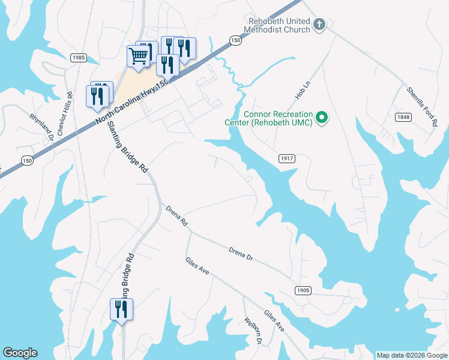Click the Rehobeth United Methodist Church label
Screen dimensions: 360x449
tap(279, 25)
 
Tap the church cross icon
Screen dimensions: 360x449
tap(319, 25)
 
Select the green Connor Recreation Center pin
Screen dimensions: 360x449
tap(322, 117)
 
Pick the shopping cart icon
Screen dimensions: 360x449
tap(138, 56)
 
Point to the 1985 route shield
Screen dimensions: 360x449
tap(78, 58)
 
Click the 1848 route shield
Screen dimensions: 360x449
tap(403, 117)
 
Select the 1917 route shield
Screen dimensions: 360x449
tap(287, 158)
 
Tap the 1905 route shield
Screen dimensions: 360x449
tap(303, 290)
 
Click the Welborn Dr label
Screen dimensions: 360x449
tap(253, 331)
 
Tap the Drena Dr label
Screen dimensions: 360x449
tap(241, 253)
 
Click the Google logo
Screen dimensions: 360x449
tap(20, 353)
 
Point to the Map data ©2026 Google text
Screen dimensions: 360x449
tap(412, 355)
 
